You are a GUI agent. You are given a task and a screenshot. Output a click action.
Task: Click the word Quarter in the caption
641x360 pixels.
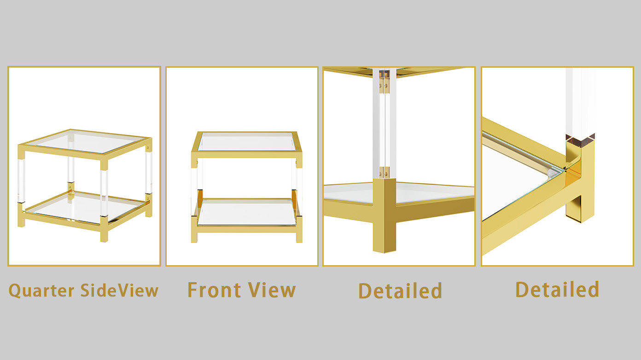click(41, 291)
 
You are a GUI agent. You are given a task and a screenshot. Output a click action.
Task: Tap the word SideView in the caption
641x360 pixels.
click(119, 290)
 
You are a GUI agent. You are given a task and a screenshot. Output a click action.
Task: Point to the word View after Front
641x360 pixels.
click(272, 290)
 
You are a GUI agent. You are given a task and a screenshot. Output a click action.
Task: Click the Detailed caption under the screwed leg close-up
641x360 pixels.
click(400, 291)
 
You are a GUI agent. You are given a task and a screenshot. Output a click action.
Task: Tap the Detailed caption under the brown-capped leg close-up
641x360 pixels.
click(557, 290)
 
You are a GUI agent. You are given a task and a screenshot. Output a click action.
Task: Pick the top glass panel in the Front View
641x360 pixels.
click(247, 142)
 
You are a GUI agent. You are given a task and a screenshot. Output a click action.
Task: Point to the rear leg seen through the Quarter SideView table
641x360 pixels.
click(71, 166)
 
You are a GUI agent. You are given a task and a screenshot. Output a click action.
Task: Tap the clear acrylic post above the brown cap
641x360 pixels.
click(580, 101)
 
